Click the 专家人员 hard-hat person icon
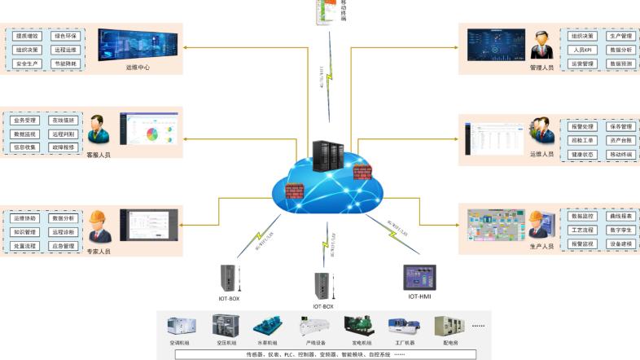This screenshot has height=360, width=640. [99, 226]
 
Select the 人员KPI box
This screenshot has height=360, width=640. [581, 50]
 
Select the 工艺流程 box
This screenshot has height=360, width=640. [581, 230]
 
